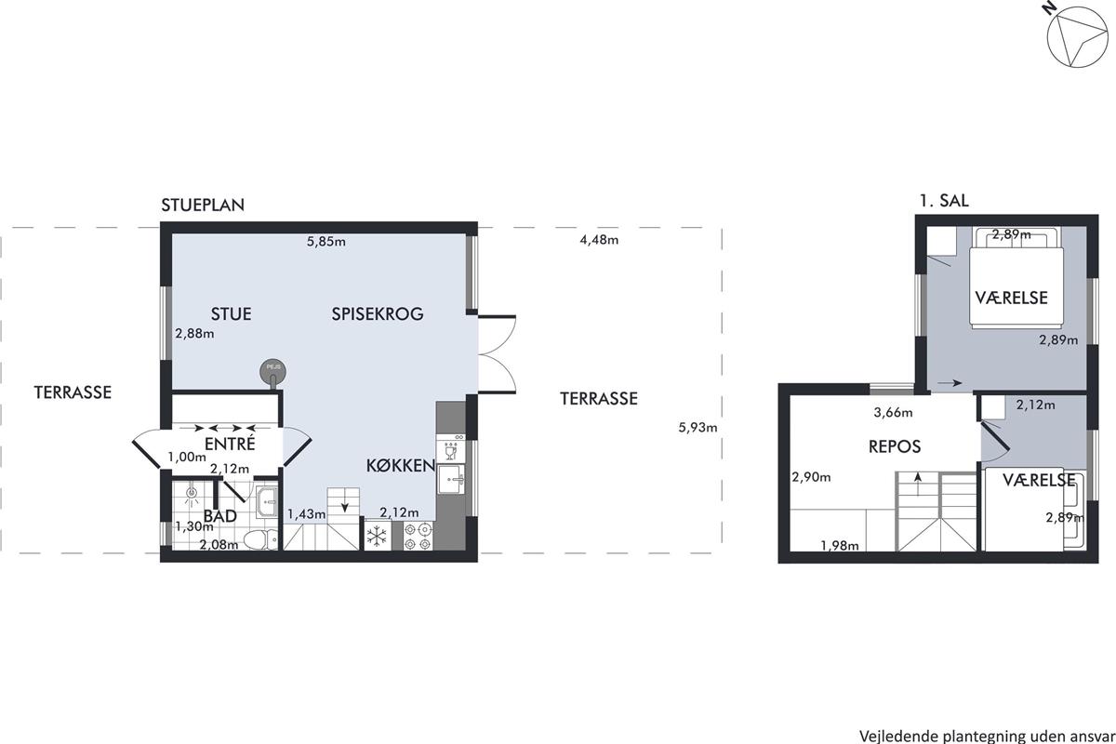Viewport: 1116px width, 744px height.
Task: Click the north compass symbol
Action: coord(1076,42)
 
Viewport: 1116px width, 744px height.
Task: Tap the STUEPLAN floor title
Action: coord(203,206)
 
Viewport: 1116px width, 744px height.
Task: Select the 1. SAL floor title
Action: coord(944,201)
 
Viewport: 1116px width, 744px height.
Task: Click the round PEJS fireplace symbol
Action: coord(273,371)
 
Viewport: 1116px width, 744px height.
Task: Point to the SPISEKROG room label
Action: coord(378,314)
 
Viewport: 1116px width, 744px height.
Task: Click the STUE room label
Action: coord(232,314)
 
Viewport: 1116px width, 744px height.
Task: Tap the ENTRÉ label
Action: coord(230,443)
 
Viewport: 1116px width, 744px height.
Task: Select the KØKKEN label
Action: coord(401,466)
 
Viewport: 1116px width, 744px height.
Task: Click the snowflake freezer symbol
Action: coord(378,537)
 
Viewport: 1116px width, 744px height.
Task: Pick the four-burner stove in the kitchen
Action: coord(418,537)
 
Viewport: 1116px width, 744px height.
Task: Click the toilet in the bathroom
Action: coord(261,539)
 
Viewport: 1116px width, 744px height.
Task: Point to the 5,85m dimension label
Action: coord(326,242)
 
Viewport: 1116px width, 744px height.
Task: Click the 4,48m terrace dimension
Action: coord(599,240)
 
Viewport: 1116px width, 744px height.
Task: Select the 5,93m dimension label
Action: coord(698,428)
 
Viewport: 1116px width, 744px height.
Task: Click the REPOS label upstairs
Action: coord(895,446)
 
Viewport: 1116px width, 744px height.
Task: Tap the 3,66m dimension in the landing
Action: coord(894,413)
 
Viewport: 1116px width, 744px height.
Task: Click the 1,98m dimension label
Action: coord(840,546)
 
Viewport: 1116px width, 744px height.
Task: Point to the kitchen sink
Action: coord(451,479)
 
